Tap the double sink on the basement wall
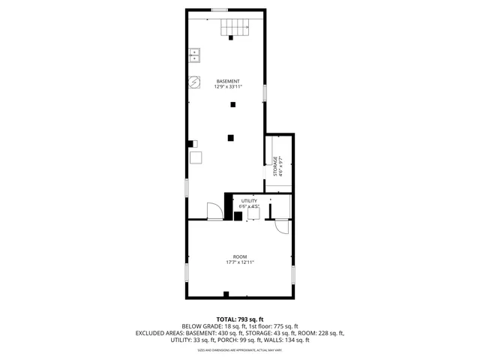pos(194,55)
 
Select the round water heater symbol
pos(194,81)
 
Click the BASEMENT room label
pos(228,81)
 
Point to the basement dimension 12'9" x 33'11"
pos(228,87)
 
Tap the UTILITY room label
pos(249,201)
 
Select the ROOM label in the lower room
pos(240,256)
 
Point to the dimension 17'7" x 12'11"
pos(240,262)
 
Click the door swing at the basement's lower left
pos(214,211)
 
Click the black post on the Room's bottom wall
pos(226,293)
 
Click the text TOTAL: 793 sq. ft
pos(240,319)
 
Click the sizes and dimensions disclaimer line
pos(240,349)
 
